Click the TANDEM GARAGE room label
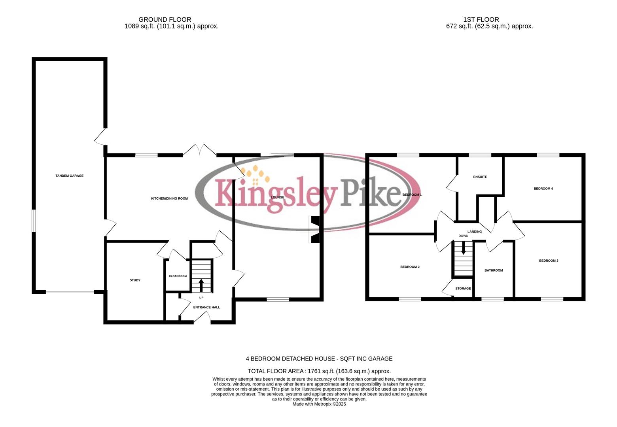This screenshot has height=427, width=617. point(69,176)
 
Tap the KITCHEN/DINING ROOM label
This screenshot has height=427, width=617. point(169,198)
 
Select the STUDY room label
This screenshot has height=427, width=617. point(135,280)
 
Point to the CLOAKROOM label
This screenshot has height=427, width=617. point(178,276)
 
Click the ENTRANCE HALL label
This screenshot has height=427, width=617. point(206,307)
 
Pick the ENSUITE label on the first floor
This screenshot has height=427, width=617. point(480,177)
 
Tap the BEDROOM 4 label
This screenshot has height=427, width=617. point(543,189)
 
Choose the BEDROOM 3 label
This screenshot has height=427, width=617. point(549,261)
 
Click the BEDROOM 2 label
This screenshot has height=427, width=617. point(410,267)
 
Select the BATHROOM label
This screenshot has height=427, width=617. point(494,270)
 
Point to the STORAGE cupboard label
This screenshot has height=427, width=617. point(463,289)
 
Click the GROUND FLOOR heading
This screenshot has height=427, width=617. point(165,19)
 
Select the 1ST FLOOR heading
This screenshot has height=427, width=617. point(481,19)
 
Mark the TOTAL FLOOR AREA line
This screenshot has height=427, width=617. point(319,371)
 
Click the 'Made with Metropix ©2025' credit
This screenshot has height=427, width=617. point(319,404)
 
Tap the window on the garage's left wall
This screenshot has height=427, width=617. point(34,221)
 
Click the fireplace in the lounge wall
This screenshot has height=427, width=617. point(314,229)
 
